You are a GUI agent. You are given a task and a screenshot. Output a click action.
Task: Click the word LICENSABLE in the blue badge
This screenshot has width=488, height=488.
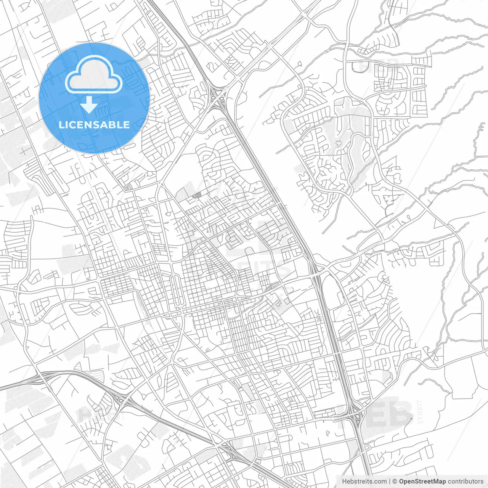94,125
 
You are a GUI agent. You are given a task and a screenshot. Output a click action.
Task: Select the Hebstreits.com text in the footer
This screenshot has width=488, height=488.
364,481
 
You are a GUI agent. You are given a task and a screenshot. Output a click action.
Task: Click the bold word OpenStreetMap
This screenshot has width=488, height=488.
422,481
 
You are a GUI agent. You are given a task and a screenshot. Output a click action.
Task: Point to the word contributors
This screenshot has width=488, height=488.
466,481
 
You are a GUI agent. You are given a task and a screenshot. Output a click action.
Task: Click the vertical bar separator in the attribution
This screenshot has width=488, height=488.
389,481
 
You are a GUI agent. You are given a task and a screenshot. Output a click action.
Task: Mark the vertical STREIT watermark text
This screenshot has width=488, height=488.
420,412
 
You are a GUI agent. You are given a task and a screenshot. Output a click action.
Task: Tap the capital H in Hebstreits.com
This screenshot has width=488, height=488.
344,481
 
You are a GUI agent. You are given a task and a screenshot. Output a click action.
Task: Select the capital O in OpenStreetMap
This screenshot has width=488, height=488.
401,481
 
